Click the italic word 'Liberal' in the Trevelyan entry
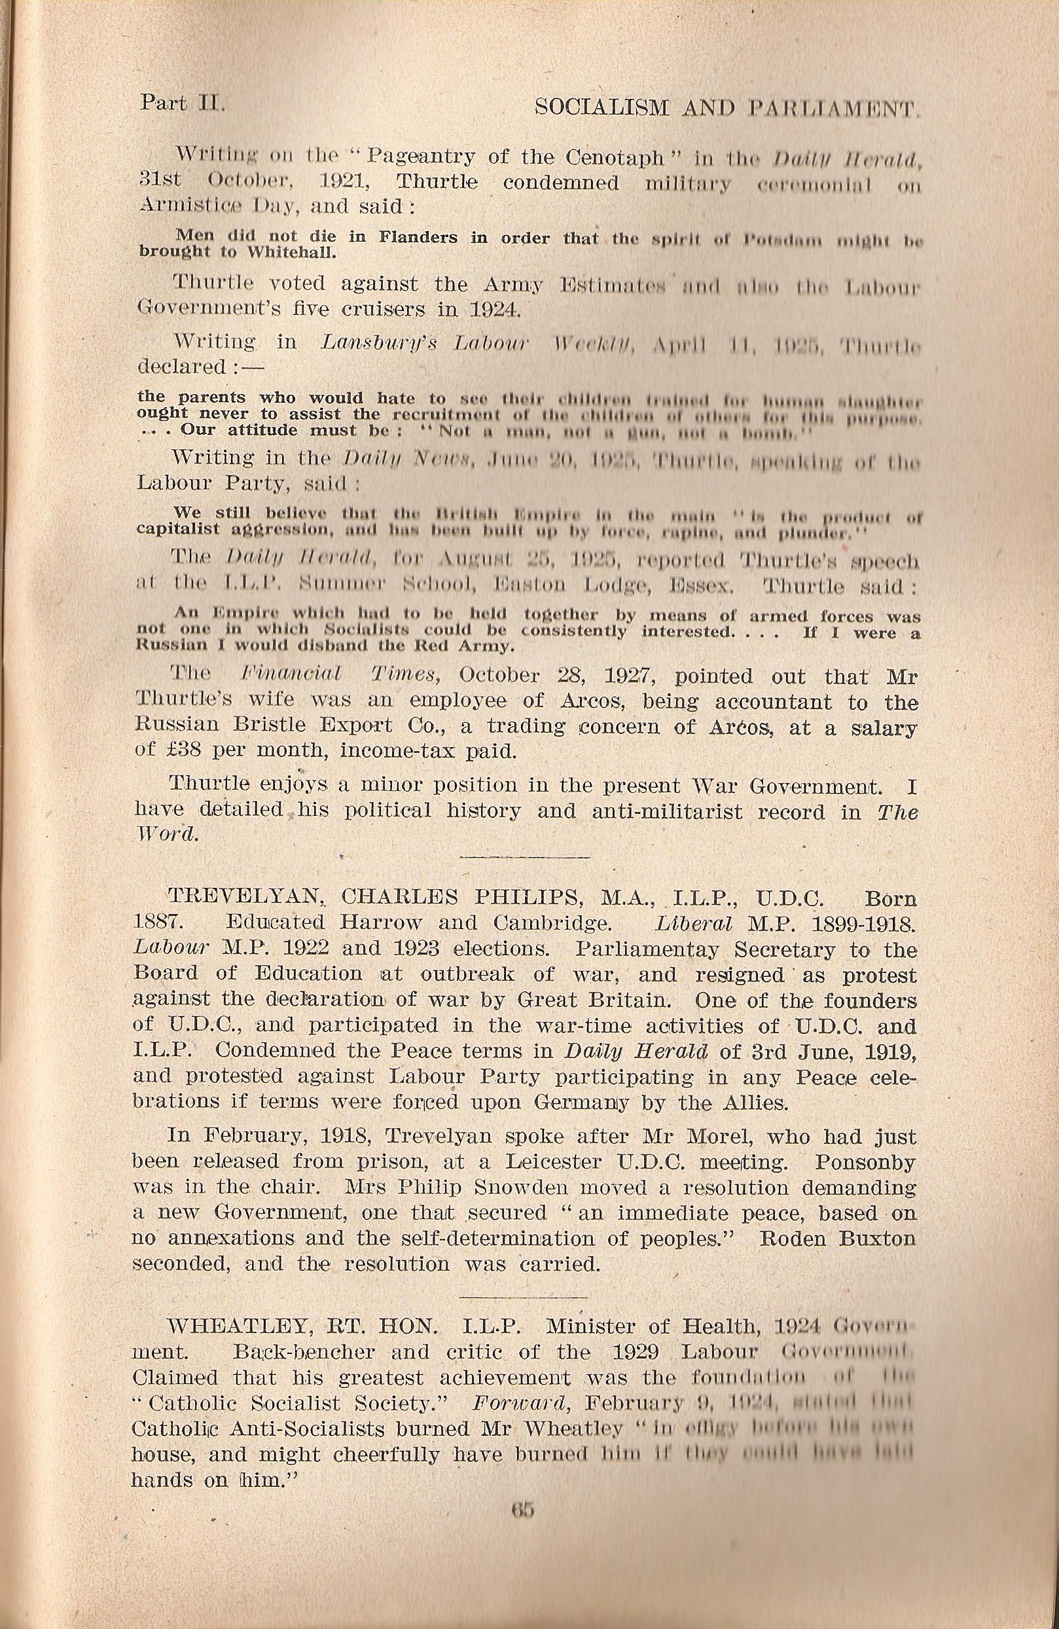pos(694,923)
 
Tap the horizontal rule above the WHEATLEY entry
pos(525,1297)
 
